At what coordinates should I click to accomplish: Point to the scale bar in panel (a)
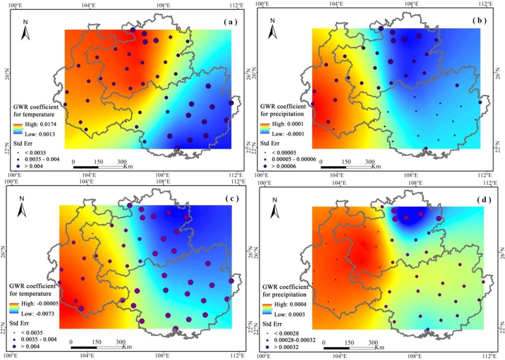98,168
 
